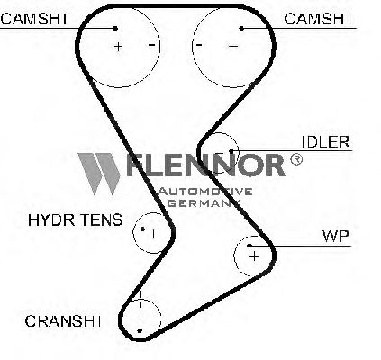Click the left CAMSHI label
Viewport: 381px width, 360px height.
pyautogui.click(x=33, y=19)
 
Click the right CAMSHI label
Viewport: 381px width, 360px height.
pyautogui.click(x=317, y=19)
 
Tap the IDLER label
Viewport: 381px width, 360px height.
pyautogui.click(x=326, y=142)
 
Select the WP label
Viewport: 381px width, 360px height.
pyautogui.click(x=336, y=236)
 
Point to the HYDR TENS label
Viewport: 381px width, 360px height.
pyautogui.click(x=75, y=220)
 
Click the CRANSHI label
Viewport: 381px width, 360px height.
pyautogui.click(x=63, y=321)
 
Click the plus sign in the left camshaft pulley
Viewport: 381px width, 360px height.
pyautogui.click(x=119, y=47)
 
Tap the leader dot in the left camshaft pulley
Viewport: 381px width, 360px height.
pyautogui.click(x=115, y=29)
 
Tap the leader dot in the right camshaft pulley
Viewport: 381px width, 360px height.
pyautogui.click(x=241, y=29)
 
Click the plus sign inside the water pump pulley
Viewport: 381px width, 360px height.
pyautogui.click(x=254, y=256)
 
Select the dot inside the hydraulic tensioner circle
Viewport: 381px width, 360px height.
pyautogui.click(x=142, y=229)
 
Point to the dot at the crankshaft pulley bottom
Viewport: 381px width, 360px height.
pyautogui.click(x=140, y=330)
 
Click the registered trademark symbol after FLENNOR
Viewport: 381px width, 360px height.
pyautogui.click(x=296, y=159)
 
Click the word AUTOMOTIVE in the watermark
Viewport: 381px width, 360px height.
pyautogui.click(x=205, y=192)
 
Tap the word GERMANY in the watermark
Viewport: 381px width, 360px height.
pyautogui.click(x=204, y=203)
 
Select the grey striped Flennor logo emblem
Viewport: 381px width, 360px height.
pyautogui.click(x=99, y=174)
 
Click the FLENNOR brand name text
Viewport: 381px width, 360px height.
pyautogui.click(x=204, y=165)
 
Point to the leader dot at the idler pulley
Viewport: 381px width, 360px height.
pyautogui.click(x=231, y=151)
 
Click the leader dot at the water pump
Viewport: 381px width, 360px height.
pyautogui.click(x=249, y=246)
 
